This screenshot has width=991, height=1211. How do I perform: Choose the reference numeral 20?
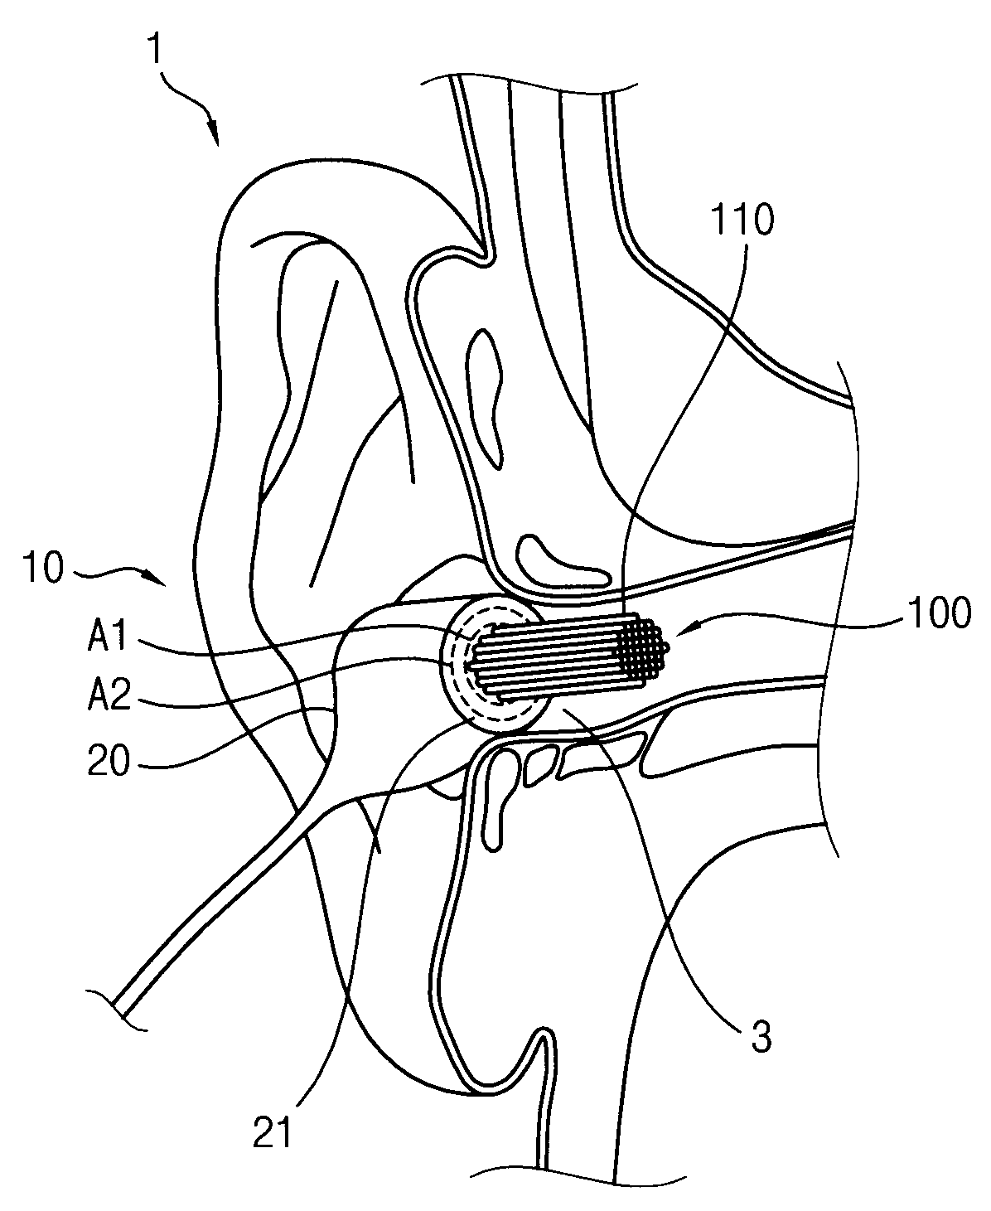point(109,762)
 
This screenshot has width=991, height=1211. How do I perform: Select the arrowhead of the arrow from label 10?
point(168,583)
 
